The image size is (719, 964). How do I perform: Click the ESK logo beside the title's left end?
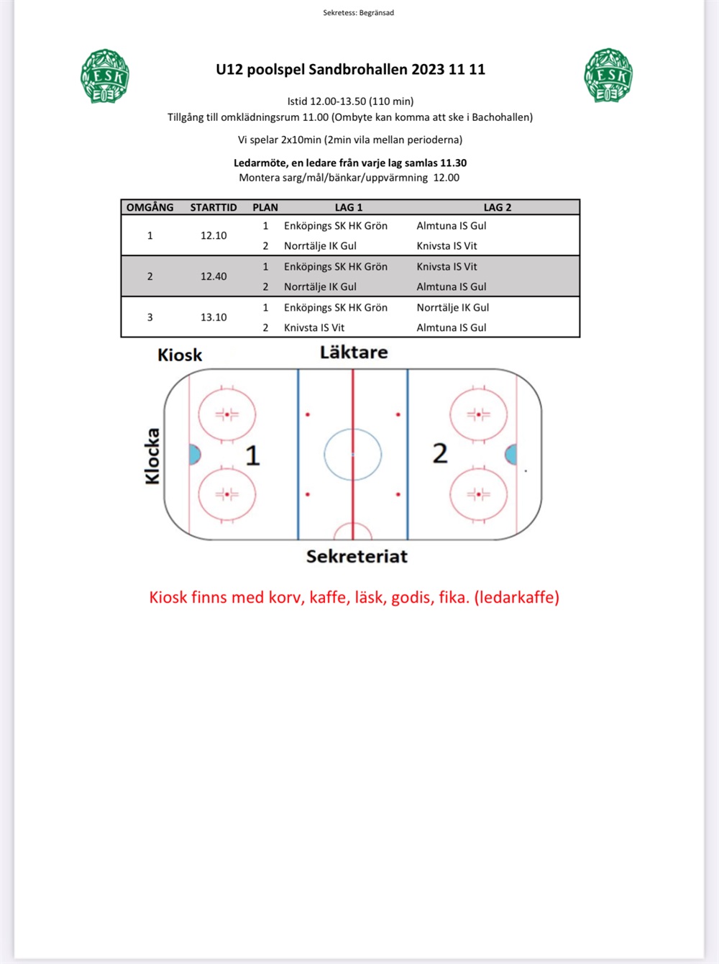(x=105, y=76)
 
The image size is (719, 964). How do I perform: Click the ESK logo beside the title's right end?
(x=608, y=76)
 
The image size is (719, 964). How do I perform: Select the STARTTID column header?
(x=214, y=207)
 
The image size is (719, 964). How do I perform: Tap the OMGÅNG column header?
(x=150, y=207)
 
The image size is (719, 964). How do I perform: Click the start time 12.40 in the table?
(x=214, y=276)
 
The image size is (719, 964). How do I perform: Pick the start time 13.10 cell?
(x=214, y=317)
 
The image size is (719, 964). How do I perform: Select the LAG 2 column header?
(x=497, y=207)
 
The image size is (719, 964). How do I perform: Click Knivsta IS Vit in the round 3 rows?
(x=314, y=327)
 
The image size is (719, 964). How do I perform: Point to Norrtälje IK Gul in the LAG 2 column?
(x=452, y=307)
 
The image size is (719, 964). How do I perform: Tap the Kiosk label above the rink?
(x=180, y=355)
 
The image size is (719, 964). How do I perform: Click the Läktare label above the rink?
(x=354, y=352)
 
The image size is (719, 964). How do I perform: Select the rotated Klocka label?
(x=152, y=456)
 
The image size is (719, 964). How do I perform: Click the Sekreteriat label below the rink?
(x=357, y=556)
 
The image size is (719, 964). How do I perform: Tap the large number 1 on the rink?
(x=252, y=455)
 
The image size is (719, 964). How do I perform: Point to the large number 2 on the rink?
(x=440, y=453)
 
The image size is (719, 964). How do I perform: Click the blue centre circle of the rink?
(x=352, y=455)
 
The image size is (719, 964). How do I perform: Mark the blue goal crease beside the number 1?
(x=194, y=455)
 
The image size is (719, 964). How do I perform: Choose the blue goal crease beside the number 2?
(x=511, y=454)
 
